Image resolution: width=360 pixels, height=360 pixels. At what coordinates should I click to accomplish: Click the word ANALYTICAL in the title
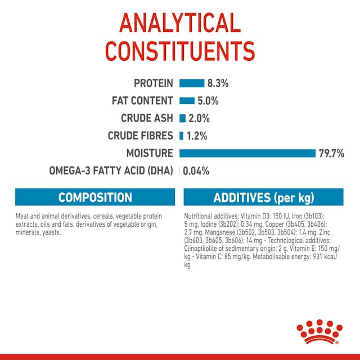click(179, 23)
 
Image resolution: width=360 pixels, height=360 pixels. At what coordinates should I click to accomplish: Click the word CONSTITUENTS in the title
click(179, 51)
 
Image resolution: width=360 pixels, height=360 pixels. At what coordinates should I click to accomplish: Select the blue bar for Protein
click(192, 83)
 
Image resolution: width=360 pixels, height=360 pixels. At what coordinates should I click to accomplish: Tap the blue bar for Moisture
click(247, 153)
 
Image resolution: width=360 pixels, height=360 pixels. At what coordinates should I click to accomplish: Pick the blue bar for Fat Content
click(187, 101)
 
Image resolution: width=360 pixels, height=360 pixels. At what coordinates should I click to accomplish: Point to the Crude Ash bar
click(182, 118)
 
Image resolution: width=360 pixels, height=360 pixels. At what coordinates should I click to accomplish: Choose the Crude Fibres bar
click(181, 136)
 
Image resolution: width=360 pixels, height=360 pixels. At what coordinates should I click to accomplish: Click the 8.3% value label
click(218, 83)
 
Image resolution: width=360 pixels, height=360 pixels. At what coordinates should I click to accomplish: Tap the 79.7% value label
click(331, 153)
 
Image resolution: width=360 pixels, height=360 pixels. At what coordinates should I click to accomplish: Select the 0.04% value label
click(196, 171)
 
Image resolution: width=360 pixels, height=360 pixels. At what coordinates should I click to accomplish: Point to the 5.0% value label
click(208, 101)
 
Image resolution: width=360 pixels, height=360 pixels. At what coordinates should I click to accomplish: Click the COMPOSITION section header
click(95, 197)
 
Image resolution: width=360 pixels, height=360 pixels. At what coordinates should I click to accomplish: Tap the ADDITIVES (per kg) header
click(264, 197)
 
